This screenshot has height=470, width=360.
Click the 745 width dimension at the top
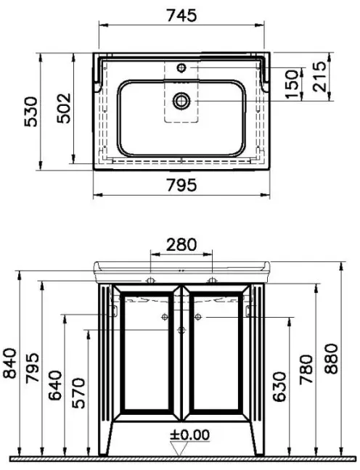181,15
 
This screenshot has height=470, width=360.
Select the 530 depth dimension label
31,112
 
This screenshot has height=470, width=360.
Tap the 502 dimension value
64,108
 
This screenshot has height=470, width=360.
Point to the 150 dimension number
292,84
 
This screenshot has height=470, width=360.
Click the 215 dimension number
319,77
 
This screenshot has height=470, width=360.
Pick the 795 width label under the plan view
181,185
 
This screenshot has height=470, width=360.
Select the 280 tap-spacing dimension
181,244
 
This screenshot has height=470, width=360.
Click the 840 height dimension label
9,363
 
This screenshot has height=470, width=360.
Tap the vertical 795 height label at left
32,368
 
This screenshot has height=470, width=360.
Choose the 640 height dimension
55,386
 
